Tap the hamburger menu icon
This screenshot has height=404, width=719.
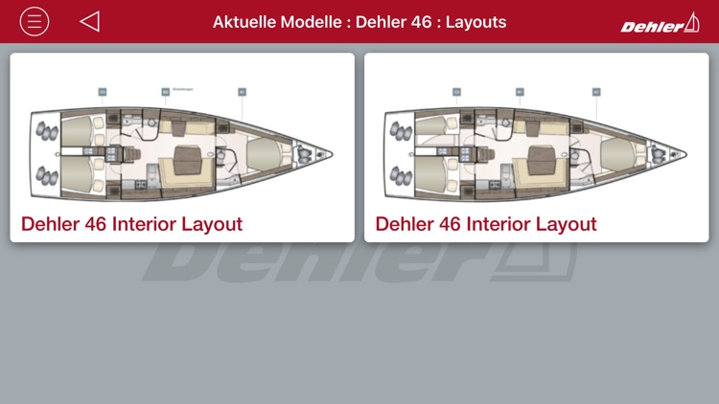tap(35, 21)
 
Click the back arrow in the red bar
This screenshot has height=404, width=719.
tap(90, 21)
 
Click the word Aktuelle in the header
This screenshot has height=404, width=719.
tap(243, 21)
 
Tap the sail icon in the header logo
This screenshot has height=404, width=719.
tap(690, 22)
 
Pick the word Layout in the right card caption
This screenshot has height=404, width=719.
tap(566, 224)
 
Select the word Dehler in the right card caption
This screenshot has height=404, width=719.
tap(405, 224)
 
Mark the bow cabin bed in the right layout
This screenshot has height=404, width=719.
tap(616, 152)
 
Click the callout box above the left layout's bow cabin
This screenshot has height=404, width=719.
tap(242, 92)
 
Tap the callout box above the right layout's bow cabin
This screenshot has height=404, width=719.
tap(596, 92)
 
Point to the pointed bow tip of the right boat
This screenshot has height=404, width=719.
tap(684, 152)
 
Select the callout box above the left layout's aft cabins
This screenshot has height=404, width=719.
tap(102, 92)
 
